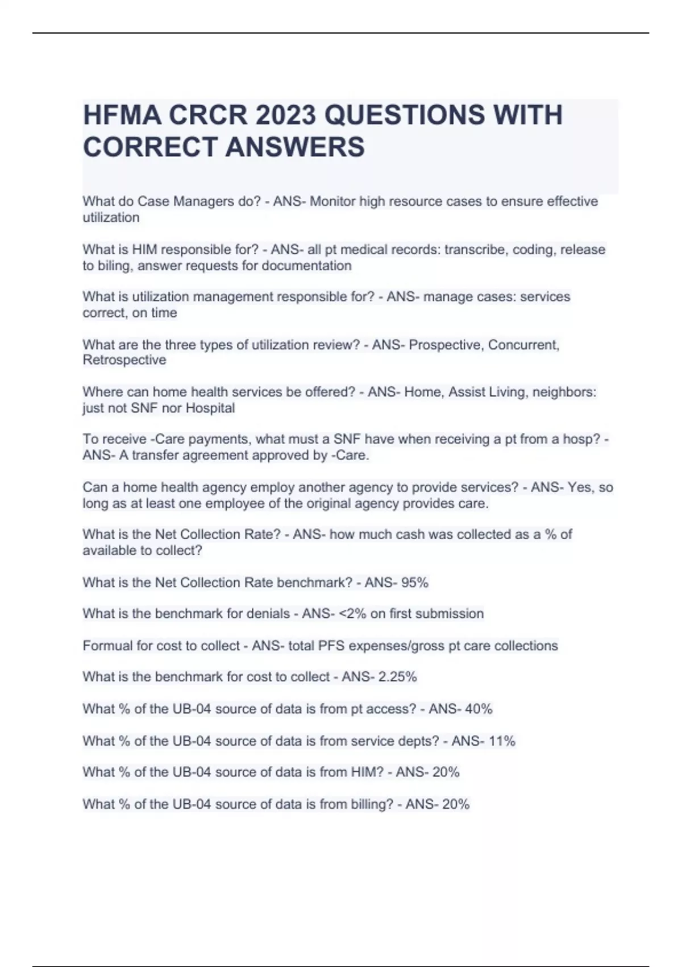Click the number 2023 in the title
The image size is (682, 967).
tap(285, 115)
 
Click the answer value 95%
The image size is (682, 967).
tap(414, 582)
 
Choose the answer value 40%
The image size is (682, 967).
tap(479, 709)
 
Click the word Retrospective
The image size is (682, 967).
tap(124, 360)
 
